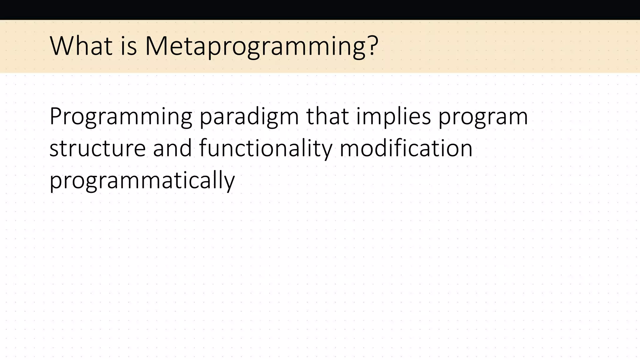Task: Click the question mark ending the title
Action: [373, 46]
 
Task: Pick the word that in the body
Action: [327, 116]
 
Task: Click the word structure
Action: [97, 148]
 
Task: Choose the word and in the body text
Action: [172, 148]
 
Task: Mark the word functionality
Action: [266, 149]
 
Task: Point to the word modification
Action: [406, 148]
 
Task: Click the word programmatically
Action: [142, 181]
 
